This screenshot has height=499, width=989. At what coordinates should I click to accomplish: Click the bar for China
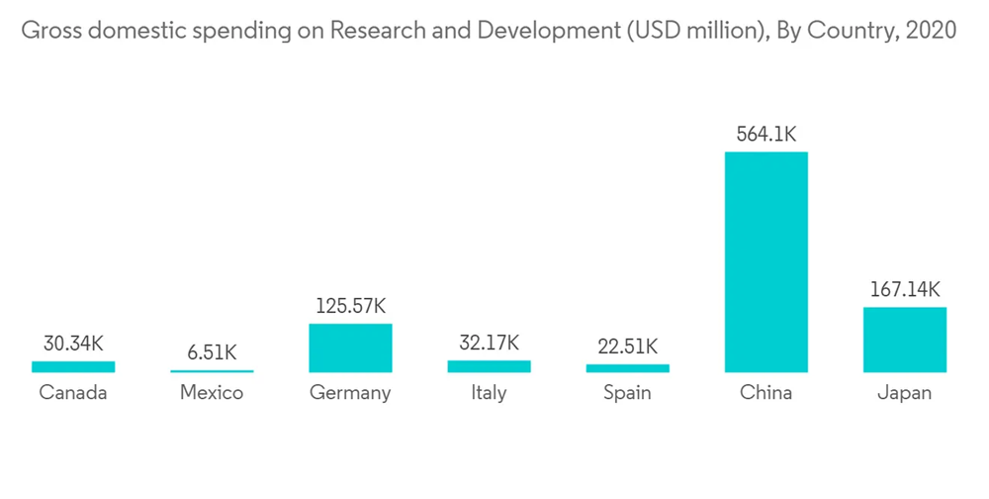tap(765, 261)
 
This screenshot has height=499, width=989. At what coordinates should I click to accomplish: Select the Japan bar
tap(904, 340)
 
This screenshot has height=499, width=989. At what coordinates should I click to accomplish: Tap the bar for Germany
tap(350, 348)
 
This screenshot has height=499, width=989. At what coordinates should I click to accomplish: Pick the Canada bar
tap(73, 366)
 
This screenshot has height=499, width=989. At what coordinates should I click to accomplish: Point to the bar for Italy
tap(489, 366)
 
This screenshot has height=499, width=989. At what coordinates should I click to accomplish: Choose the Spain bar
tap(627, 368)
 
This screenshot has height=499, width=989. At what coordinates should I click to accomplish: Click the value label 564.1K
tap(765, 134)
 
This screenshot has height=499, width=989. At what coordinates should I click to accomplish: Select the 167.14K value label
tap(904, 289)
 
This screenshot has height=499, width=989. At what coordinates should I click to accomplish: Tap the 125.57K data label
tap(350, 306)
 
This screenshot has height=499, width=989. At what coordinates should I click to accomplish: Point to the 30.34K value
tap(73, 344)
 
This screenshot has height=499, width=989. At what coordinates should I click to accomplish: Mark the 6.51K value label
tap(212, 352)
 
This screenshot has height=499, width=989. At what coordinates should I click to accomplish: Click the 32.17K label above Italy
tap(489, 344)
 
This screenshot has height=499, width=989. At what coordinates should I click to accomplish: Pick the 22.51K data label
tap(627, 347)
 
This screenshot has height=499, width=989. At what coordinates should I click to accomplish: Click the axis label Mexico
tap(212, 393)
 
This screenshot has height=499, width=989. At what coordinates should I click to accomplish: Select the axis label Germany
tap(350, 393)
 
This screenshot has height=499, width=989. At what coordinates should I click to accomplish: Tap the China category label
tap(765, 393)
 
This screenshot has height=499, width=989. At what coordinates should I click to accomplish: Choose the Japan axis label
tap(904, 393)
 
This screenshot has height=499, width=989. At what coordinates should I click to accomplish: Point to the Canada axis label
tap(73, 393)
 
